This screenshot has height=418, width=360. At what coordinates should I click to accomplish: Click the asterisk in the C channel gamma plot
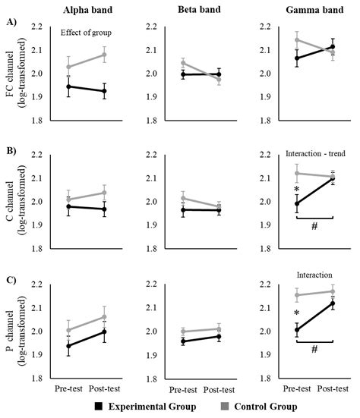[x=297, y=190]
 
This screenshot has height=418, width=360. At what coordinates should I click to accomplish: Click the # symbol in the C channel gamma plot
[x=314, y=226]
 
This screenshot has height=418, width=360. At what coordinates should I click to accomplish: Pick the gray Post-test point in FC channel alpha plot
[x=104, y=55]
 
